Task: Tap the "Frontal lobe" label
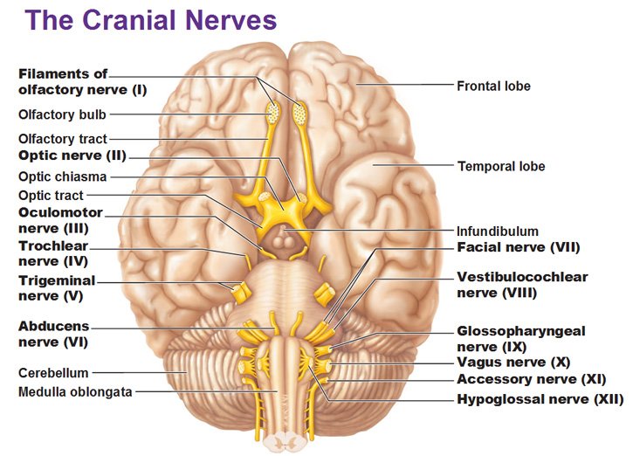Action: click(x=493, y=86)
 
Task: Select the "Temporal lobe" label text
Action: click(x=501, y=166)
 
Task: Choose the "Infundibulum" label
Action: click(x=498, y=231)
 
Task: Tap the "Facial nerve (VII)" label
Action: click(x=518, y=247)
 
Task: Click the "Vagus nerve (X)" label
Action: click(x=513, y=363)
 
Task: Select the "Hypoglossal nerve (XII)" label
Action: click(x=540, y=399)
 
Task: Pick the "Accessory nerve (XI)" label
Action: click(x=531, y=380)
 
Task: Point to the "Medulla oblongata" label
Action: click(x=75, y=392)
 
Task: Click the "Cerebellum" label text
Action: click(x=53, y=373)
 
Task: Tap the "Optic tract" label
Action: click(x=51, y=196)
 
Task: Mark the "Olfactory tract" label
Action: click(x=63, y=139)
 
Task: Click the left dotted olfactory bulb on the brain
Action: click(x=273, y=112)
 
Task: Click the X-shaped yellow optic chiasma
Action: click(x=285, y=210)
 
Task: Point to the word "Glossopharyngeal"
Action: click(x=521, y=331)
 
